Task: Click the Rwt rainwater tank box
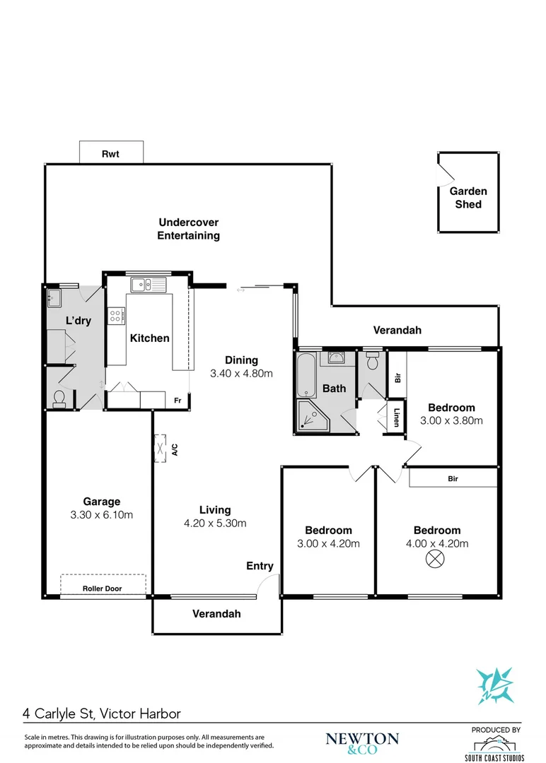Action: [x=111, y=153]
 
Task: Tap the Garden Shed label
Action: [x=468, y=198]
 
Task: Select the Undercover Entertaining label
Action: [x=188, y=229]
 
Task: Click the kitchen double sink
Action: [x=148, y=285]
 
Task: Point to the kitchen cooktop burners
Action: [x=115, y=316]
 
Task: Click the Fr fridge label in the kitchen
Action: [x=179, y=400]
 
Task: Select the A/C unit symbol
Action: [x=161, y=448]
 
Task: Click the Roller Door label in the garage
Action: [x=102, y=588]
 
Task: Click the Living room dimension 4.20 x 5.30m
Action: [x=214, y=523]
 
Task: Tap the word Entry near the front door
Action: [x=260, y=566]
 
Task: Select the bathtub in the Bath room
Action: [x=306, y=375]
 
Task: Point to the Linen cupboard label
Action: [x=397, y=418]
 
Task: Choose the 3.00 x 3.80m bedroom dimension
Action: [x=451, y=420]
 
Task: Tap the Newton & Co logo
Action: [x=362, y=741]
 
